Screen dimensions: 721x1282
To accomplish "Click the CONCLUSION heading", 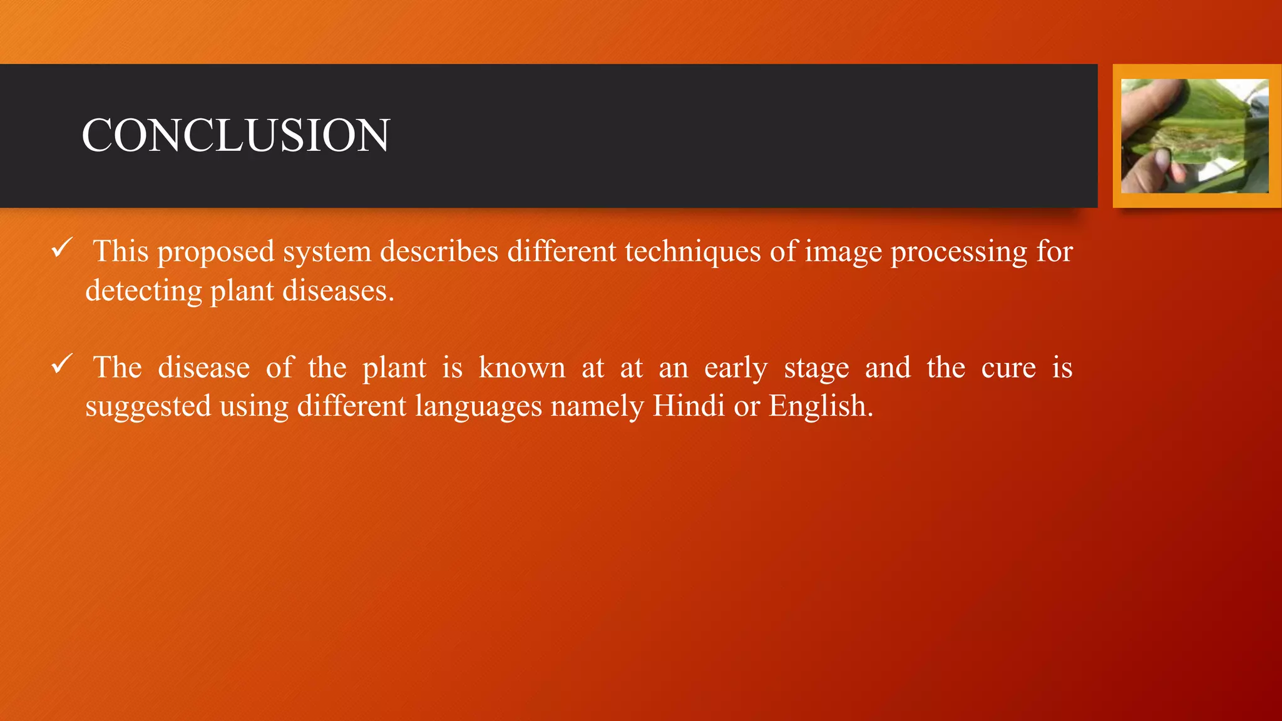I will point(235,135).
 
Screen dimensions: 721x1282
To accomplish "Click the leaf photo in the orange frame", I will point(1194,136).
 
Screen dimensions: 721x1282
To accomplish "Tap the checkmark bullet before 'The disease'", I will point(62,364).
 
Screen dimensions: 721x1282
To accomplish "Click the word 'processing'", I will point(959,252).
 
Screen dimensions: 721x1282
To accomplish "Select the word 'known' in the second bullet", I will point(522,367).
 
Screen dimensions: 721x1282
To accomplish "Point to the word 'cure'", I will point(1008,367).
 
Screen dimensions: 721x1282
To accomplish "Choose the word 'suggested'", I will point(148,407).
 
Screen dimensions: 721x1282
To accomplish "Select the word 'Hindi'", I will point(689,406).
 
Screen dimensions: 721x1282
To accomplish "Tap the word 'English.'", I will point(821,407).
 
